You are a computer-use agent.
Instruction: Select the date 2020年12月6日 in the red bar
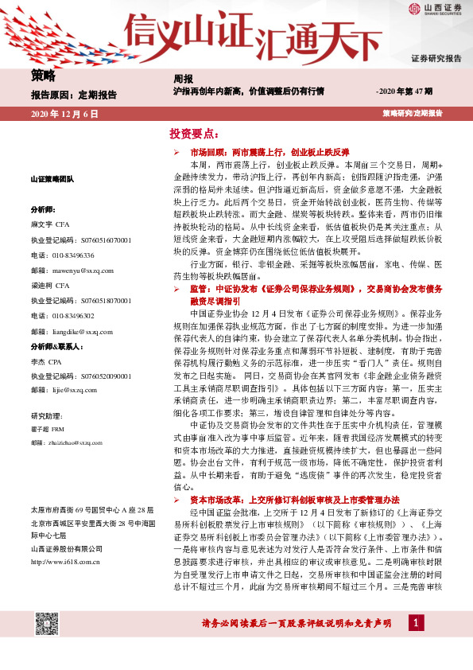64,115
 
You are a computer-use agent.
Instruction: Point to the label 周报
183,79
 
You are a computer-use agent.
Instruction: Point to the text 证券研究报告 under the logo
436,59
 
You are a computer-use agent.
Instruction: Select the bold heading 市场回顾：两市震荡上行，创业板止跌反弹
269,150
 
